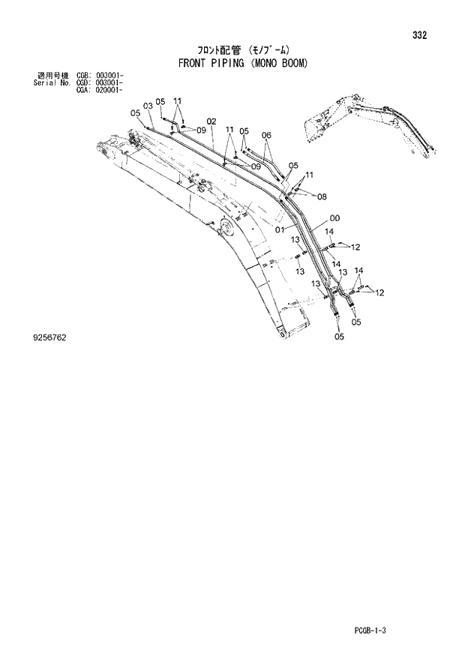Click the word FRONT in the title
tap(193, 64)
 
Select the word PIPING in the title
tap(228, 64)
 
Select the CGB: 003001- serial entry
tap(100, 76)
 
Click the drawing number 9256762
tap(45, 338)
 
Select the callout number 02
tap(211, 121)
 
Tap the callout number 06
tap(265, 135)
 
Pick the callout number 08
tap(322, 197)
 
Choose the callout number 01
tap(279, 229)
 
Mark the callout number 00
tap(334, 218)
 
